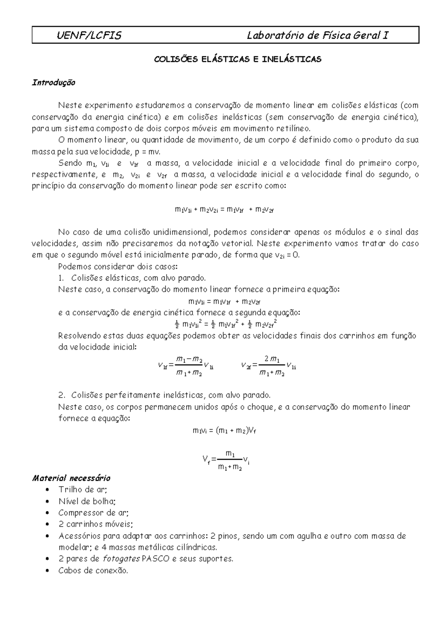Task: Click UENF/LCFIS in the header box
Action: click(89, 36)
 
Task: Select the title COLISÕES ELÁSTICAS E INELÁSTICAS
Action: click(238, 59)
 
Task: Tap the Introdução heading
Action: click(54, 82)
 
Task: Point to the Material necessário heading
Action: click(71, 478)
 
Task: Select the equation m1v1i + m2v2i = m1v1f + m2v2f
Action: click(224, 210)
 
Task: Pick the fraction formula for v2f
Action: click(268, 366)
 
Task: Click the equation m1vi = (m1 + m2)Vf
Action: click(224, 431)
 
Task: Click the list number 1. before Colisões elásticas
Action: click(62, 278)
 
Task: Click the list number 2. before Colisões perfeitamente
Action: click(62, 395)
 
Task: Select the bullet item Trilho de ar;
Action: click(83, 489)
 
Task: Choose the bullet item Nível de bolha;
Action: click(87, 501)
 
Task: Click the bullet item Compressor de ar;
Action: click(93, 513)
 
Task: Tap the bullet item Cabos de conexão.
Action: click(93, 570)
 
